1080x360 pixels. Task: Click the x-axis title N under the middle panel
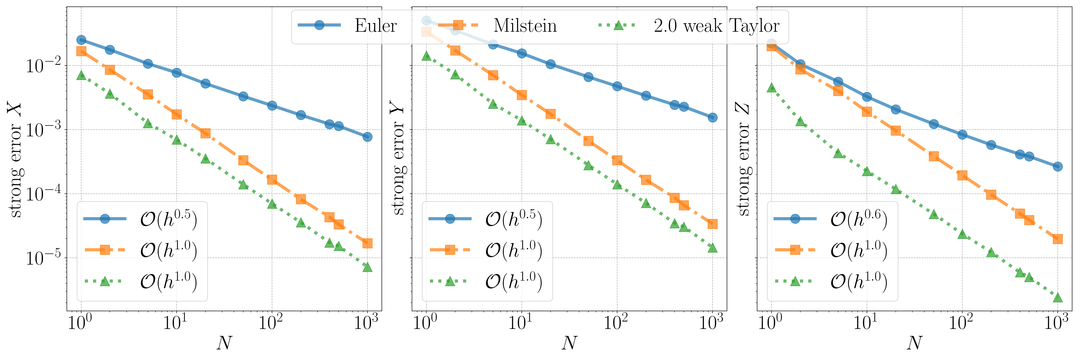[x=569, y=343]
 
